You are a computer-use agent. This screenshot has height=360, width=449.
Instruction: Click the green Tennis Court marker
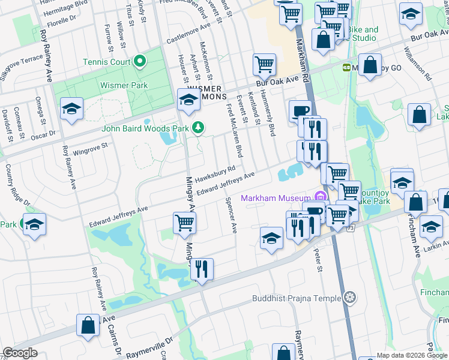coord(140,61)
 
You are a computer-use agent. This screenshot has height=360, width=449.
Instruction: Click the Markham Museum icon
coord(320,197)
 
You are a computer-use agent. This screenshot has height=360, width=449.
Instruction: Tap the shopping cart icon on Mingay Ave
coord(185,223)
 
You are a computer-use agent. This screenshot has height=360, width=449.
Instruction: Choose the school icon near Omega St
coord(71,109)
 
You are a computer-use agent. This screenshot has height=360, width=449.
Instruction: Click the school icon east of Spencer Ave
coord(271,238)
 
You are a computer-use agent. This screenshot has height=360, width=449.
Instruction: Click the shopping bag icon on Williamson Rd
coord(418,114)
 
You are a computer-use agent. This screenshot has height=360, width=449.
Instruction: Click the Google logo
coord(20,353)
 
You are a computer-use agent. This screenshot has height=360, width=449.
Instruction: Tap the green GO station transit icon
coord(346,68)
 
